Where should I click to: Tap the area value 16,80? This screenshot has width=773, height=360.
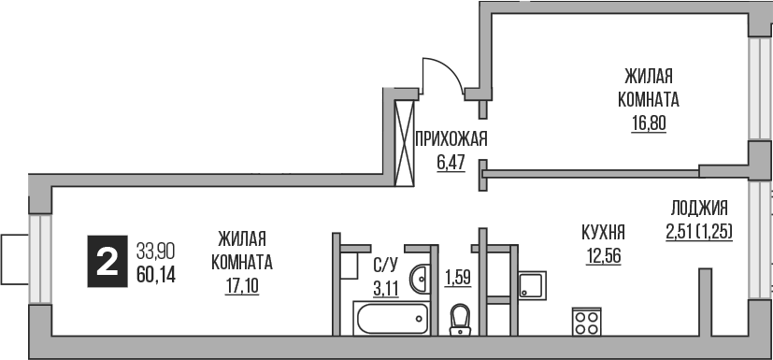pos(647,122)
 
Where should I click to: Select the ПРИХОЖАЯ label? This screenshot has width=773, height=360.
pos(451,139)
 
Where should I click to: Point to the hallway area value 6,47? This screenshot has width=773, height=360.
pos(451,162)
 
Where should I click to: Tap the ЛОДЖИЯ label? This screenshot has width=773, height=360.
pos(699,209)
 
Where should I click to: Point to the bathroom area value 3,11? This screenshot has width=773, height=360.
pos(385,288)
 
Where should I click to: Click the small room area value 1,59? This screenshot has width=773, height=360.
pos(457,277)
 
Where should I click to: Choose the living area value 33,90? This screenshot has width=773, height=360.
pos(155,251)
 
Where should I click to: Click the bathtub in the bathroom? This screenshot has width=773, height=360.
pos(392,318)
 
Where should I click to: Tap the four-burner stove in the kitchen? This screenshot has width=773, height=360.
pos(587,323)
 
